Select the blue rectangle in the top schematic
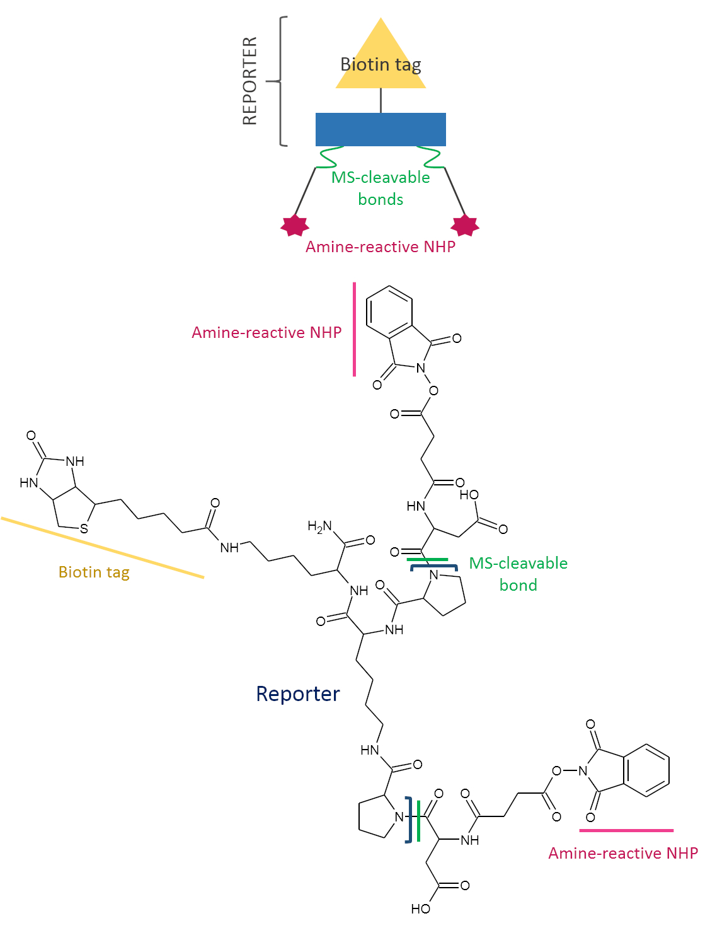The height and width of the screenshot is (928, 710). [381, 129]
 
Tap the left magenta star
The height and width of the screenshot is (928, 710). [294, 224]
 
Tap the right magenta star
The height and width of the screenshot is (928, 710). [466, 224]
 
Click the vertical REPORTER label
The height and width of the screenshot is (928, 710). [250, 81]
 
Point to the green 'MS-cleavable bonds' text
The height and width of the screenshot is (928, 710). [381, 188]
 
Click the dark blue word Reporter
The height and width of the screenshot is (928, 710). [297, 693]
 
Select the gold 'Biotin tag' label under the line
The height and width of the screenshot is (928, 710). [94, 572]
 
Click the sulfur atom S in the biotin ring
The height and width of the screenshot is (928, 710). [84, 528]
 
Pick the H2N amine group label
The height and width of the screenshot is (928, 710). [319, 526]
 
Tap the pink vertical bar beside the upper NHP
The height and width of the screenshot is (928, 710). [355, 329]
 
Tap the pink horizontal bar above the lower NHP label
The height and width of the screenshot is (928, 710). [626, 830]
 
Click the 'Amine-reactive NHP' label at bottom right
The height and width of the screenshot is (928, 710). [623, 853]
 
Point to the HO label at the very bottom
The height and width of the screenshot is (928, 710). [420, 908]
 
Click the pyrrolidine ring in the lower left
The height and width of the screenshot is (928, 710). [376, 818]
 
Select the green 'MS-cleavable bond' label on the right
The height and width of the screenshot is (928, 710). [518, 574]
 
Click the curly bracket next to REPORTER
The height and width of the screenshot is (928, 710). [280, 81]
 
